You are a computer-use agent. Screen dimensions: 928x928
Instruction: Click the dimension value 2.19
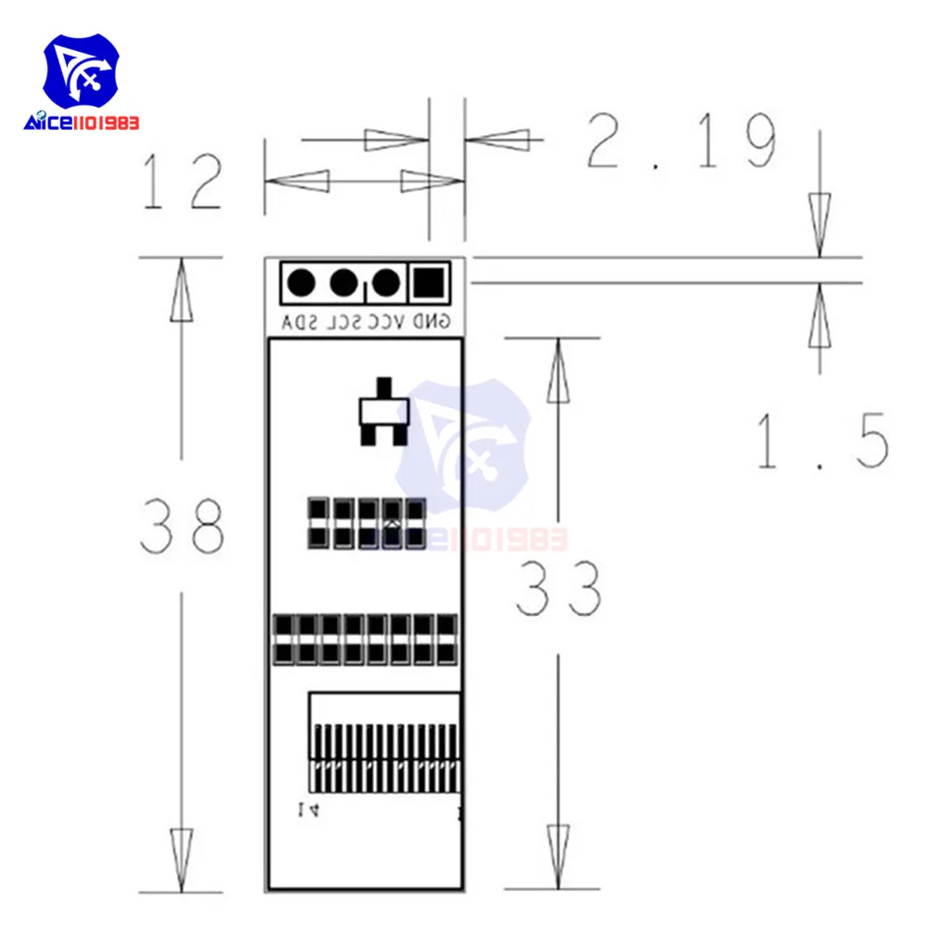click(681, 142)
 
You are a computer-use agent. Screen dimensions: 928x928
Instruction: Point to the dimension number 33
click(558, 588)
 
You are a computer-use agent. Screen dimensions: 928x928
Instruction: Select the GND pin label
click(431, 322)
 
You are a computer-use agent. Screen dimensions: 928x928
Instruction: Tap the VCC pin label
click(386, 322)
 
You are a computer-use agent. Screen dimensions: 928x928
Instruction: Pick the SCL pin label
click(341, 322)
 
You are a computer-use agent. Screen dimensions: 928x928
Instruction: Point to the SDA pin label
click(298, 322)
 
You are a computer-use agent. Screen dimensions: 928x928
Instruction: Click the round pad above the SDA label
click(300, 281)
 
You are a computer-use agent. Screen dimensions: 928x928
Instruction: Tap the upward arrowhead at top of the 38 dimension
click(182, 288)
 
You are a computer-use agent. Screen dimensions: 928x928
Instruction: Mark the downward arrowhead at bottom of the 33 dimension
click(558, 858)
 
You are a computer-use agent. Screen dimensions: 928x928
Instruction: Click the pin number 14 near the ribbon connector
click(308, 809)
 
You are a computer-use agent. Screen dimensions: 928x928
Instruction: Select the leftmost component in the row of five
click(317, 522)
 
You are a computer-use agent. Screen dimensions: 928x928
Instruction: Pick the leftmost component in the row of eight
click(284, 638)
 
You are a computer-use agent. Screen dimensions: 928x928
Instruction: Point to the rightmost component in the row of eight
click(447, 638)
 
